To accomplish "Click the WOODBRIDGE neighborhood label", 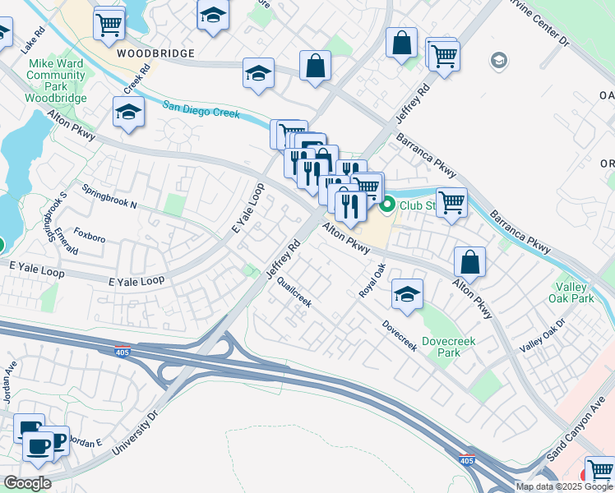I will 155,53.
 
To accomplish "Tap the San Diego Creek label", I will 201,109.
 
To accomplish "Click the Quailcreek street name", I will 294,292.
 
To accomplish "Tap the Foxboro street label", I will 90,238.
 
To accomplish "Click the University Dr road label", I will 132,433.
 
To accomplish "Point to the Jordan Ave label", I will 11,383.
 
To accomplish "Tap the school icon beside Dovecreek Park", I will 406,294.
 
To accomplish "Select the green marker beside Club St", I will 387,204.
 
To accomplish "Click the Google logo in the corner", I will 27,483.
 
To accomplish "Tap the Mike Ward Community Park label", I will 56,81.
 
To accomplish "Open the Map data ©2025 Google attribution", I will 563,486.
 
